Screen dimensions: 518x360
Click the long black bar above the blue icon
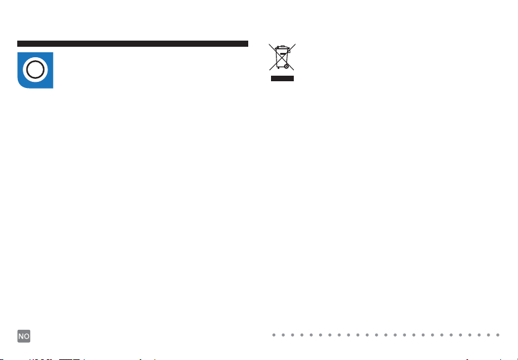tap(132, 44)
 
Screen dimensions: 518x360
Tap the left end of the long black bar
tap(18, 44)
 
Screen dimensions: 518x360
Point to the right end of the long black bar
tap(246, 44)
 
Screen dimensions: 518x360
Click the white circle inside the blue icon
tap(36, 70)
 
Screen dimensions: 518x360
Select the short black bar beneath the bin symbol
tap(281, 79)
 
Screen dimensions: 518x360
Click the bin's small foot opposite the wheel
tap(277, 66)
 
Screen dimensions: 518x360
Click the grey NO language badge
tap(24, 336)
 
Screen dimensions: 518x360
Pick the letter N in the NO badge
tap(21, 336)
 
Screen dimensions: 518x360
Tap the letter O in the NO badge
tap(27, 336)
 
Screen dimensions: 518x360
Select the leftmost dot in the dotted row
tap(275, 335)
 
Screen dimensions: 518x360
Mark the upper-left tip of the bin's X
tap(269, 44)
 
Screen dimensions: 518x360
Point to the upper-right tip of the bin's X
tap(294, 44)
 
